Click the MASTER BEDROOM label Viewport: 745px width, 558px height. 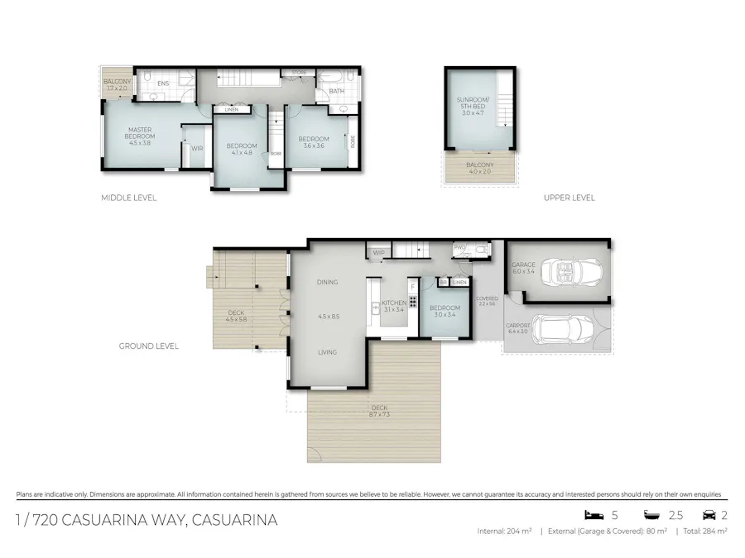[141, 133]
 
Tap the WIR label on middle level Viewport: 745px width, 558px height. [197, 149]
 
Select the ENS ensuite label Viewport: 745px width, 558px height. [163, 83]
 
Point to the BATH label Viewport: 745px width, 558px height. [337, 91]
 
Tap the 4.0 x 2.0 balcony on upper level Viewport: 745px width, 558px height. [480, 169]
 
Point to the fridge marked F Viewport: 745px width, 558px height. [412, 287]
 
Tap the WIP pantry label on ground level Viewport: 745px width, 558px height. [379, 252]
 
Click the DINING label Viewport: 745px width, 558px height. [327, 282]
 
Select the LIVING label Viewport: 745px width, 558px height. [327, 352]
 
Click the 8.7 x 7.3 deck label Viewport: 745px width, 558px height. [380, 411]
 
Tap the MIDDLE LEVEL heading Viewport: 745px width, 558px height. [128, 198]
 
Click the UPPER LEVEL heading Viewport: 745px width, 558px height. [569, 198]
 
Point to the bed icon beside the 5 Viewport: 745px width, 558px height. [593, 514]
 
